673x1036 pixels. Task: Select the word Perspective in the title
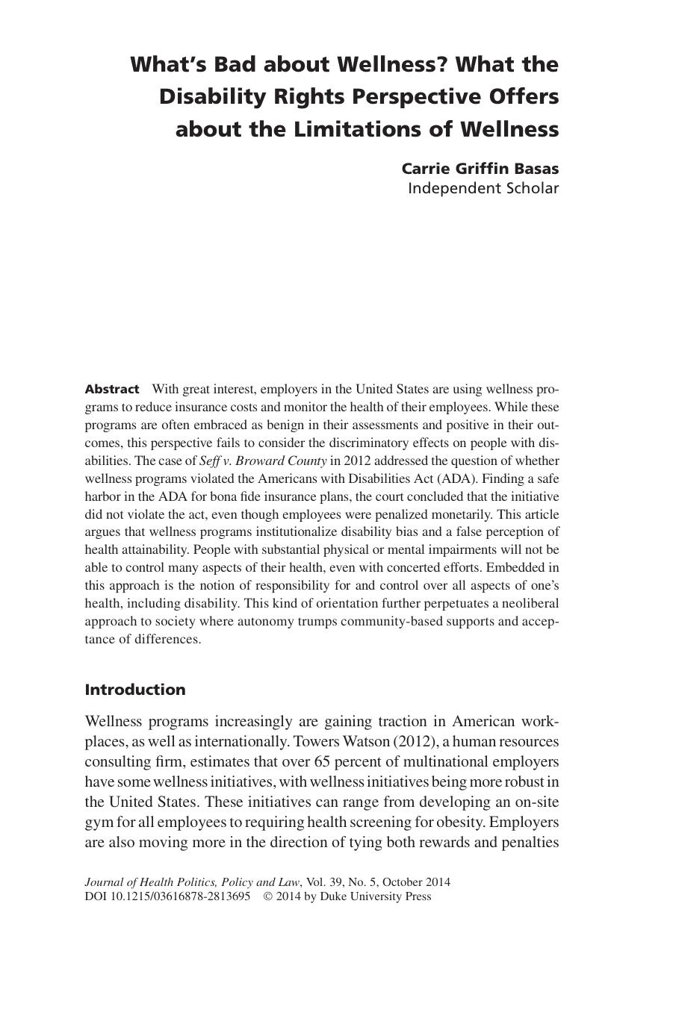tap(423, 97)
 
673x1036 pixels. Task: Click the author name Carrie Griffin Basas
tap(480, 169)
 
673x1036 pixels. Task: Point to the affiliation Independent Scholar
tap(483, 188)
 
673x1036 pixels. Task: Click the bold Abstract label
tap(112, 390)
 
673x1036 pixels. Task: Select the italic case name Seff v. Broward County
tap(263, 461)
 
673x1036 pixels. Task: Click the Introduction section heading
tap(135, 690)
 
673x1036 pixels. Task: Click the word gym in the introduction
tap(99, 823)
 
